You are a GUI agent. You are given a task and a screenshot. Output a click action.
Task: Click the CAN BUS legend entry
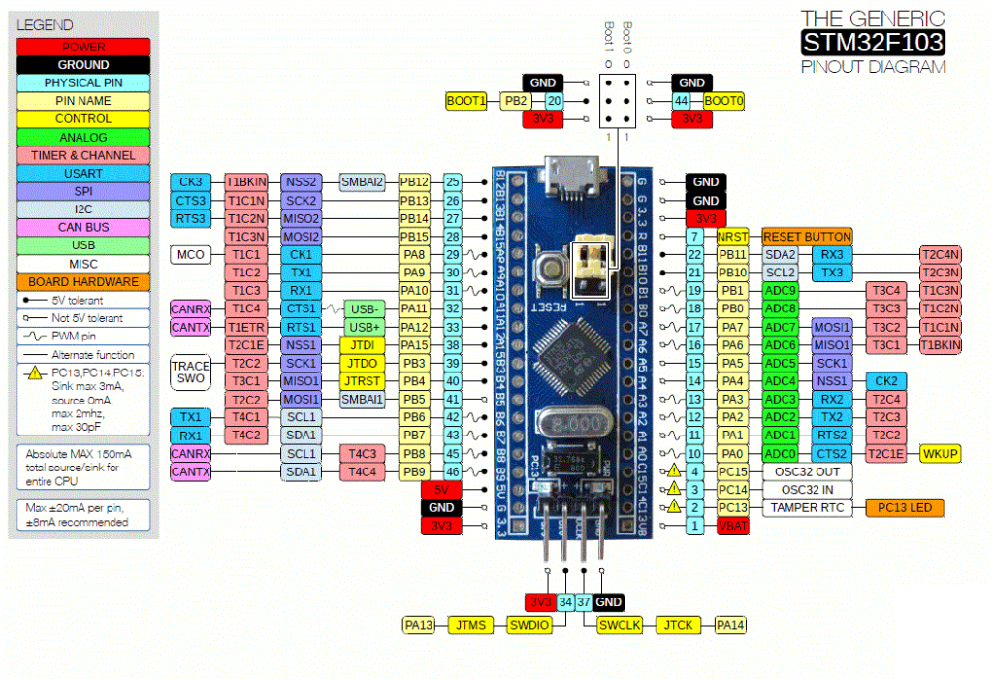[82, 227]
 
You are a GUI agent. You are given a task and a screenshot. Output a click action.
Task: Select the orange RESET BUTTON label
[807, 237]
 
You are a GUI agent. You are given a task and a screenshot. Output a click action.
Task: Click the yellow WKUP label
[941, 454]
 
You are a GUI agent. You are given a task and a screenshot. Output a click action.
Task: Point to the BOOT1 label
[466, 100]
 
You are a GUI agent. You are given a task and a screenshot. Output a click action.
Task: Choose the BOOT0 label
[724, 100]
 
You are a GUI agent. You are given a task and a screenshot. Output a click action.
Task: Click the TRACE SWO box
[189, 372]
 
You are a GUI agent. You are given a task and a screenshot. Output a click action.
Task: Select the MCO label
[189, 254]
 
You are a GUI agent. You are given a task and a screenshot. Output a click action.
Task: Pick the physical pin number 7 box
[694, 237]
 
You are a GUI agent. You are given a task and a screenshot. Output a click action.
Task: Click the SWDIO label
[529, 626]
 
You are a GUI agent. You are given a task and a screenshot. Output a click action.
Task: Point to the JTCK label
[678, 626]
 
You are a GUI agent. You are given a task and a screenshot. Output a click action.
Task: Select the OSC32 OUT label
[807, 471]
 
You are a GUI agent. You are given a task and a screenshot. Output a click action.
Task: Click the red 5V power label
[440, 490]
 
